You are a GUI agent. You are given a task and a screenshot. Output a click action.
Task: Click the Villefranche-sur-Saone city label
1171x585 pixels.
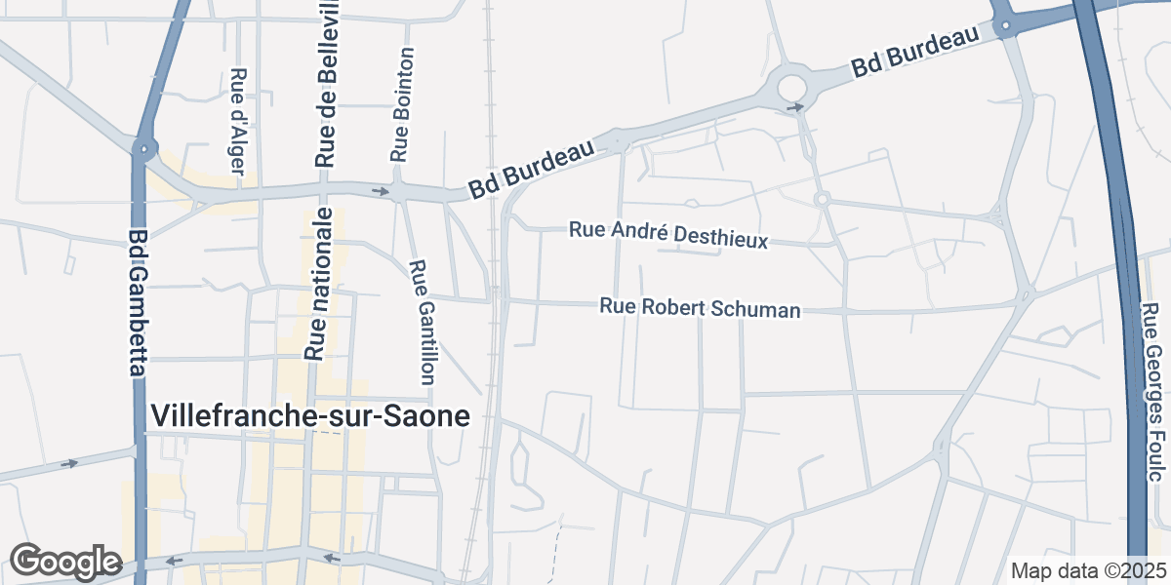(x=310, y=416)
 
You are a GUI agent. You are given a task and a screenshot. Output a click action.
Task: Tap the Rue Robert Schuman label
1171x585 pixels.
(x=700, y=308)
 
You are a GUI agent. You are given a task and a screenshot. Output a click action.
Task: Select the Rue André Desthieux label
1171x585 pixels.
(x=668, y=234)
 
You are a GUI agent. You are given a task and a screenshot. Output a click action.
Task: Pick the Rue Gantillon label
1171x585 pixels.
(x=423, y=322)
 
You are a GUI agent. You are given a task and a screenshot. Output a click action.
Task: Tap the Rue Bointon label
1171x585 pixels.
(x=402, y=105)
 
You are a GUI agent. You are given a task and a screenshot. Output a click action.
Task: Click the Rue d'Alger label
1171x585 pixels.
(x=236, y=120)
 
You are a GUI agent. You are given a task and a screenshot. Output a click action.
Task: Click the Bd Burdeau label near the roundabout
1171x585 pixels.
(x=914, y=54)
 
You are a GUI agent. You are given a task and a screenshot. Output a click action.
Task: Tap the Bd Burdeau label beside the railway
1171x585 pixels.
(x=531, y=169)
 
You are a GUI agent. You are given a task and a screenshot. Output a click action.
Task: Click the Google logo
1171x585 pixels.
(x=64, y=562)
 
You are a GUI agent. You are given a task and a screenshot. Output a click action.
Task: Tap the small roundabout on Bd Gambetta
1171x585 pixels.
(x=145, y=150)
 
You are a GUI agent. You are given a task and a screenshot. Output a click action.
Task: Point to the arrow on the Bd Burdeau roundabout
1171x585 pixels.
(x=796, y=106)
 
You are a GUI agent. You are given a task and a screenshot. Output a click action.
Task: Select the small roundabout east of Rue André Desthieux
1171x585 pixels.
(x=822, y=199)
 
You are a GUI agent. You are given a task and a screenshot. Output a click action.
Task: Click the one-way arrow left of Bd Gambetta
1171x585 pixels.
(x=68, y=463)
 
